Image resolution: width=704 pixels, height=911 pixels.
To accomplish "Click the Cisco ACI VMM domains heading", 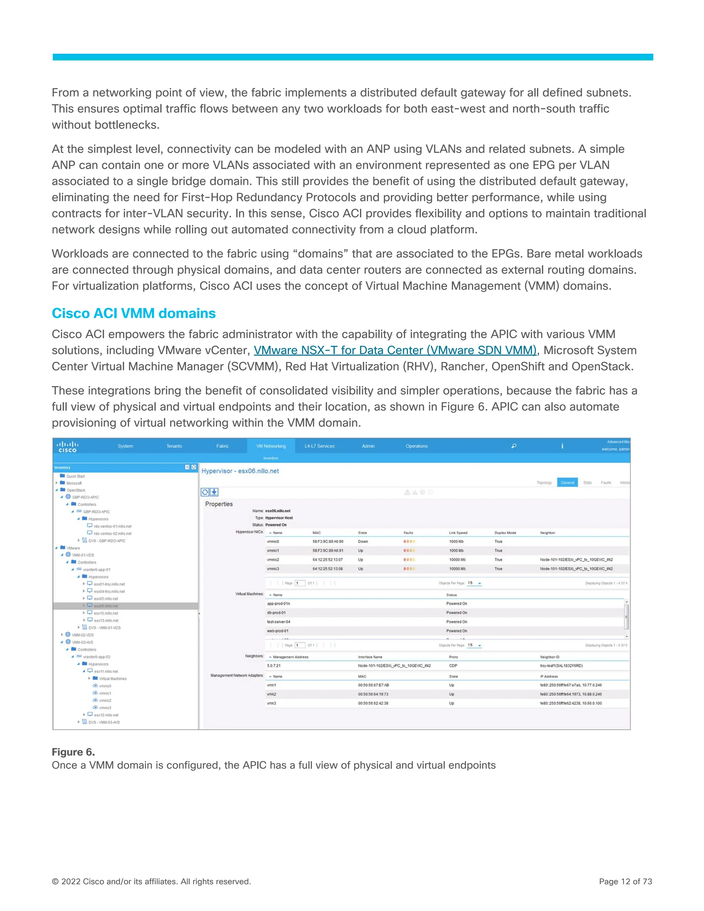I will (x=133, y=313).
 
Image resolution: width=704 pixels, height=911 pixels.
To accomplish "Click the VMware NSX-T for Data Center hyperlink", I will (x=395, y=350).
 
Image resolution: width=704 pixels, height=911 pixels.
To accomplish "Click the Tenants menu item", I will (x=174, y=446).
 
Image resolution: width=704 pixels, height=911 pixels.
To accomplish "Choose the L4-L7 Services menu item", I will (x=319, y=446).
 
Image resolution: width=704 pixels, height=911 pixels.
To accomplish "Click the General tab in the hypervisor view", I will (x=567, y=483).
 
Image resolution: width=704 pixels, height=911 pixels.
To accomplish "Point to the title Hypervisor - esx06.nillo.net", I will (x=240, y=471).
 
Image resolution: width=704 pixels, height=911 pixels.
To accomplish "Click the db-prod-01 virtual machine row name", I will (x=276, y=613).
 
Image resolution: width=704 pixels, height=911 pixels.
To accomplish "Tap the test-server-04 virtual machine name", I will (x=278, y=622).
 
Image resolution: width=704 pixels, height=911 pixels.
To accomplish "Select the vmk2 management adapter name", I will (x=271, y=694).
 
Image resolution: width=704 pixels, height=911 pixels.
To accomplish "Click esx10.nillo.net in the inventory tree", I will (x=106, y=613).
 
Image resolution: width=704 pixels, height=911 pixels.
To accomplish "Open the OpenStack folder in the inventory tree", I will (x=76, y=490).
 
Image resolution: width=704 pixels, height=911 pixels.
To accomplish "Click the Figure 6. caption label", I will (x=73, y=752).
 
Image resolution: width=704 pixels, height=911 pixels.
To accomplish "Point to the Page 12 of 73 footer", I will (x=625, y=881).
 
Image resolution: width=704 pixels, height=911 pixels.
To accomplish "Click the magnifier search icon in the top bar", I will (x=514, y=446).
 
